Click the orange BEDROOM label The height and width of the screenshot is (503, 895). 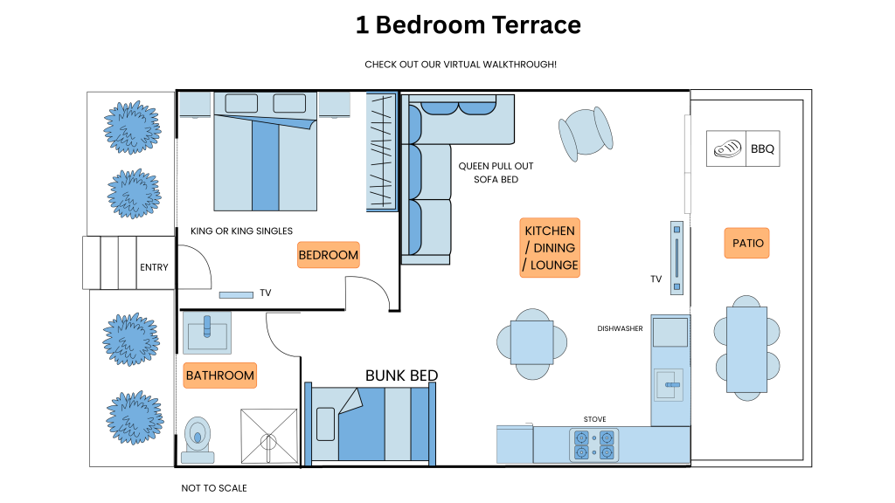point(329,255)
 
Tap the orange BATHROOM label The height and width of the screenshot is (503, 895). point(219,376)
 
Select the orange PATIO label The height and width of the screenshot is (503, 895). point(747,243)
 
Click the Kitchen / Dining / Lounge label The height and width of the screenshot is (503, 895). point(550,247)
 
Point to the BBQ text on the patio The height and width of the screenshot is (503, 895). point(762,148)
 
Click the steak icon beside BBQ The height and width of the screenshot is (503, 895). point(727,148)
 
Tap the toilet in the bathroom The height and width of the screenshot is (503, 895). point(198,440)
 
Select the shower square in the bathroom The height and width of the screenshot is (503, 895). point(269,437)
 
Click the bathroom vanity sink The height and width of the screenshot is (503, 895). point(206,333)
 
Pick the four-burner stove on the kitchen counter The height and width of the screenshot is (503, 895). point(593,445)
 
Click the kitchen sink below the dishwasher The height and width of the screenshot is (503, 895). point(669,385)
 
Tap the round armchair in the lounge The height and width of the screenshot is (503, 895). point(586,134)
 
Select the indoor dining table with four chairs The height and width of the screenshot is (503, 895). point(532,344)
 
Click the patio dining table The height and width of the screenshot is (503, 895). point(746,348)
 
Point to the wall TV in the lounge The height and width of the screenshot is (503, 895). point(676,258)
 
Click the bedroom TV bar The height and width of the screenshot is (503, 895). point(236,295)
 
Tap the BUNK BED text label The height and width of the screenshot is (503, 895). point(401,376)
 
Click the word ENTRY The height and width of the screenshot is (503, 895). point(154,267)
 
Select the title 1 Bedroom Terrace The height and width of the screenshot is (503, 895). point(468,25)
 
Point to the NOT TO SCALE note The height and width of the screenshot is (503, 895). point(214,488)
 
